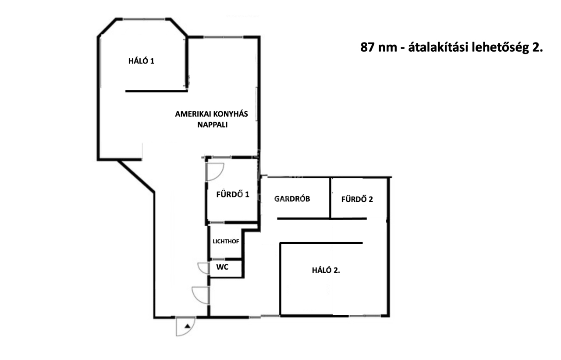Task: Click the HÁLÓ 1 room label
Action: [x=141, y=61]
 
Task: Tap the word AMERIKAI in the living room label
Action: [x=191, y=114]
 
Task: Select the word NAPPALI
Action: [x=213, y=125]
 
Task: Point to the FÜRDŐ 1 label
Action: [x=233, y=194]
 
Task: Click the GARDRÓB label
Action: [x=292, y=199]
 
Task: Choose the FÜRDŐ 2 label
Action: [x=357, y=199]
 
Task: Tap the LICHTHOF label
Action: [x=226, y=242]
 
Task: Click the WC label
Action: [x=222, y=267]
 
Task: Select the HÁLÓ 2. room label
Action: [x=326, y=270]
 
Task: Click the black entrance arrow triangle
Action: [x=188, y=326]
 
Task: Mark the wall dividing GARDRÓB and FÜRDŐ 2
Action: [x=330, y=198]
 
